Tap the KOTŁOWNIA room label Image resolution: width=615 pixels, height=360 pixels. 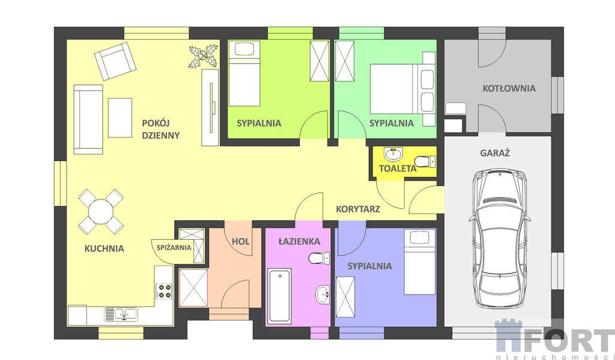point(509,88)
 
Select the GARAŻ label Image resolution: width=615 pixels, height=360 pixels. point(495,153)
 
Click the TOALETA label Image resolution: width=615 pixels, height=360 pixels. point(398,169)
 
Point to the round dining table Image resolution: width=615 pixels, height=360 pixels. point(101,212)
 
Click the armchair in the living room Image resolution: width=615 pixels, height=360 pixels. point(115,61)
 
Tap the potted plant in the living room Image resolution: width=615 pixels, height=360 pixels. point(203,56)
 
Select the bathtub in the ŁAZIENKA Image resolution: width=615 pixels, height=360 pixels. point(279,296)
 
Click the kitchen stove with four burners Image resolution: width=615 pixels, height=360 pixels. point(165,291)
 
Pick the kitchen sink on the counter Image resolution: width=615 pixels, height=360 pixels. point(121,314)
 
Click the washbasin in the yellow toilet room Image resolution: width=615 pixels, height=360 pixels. point(393,154)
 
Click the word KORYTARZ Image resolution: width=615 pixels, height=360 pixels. point(358,209)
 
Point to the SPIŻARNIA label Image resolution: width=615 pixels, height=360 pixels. point(174,248)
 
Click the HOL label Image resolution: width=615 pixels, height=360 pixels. point(240,242)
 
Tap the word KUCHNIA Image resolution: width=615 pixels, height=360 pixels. point(105,248)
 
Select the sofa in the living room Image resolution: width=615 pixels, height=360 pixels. point(88,120)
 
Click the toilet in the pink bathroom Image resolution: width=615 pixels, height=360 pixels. point(319,258)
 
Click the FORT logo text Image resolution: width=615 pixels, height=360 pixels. point(567,340)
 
